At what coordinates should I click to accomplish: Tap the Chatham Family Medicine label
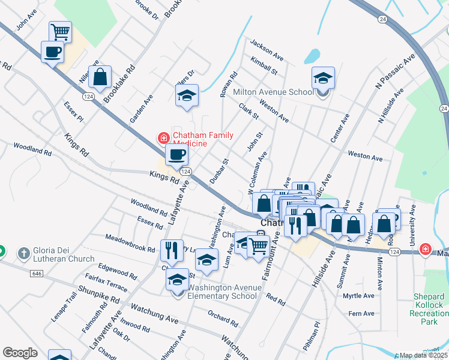(190, 139)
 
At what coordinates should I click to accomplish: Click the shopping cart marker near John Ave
(60, 31)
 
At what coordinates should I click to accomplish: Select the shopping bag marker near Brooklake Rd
(100, 76)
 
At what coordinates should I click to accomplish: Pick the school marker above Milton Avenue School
(323, 78)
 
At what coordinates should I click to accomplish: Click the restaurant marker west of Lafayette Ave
(172, 250)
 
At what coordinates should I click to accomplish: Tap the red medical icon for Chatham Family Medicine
(163, 138)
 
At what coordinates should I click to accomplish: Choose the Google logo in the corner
(20, 353)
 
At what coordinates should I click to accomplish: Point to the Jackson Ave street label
(267, 50)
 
